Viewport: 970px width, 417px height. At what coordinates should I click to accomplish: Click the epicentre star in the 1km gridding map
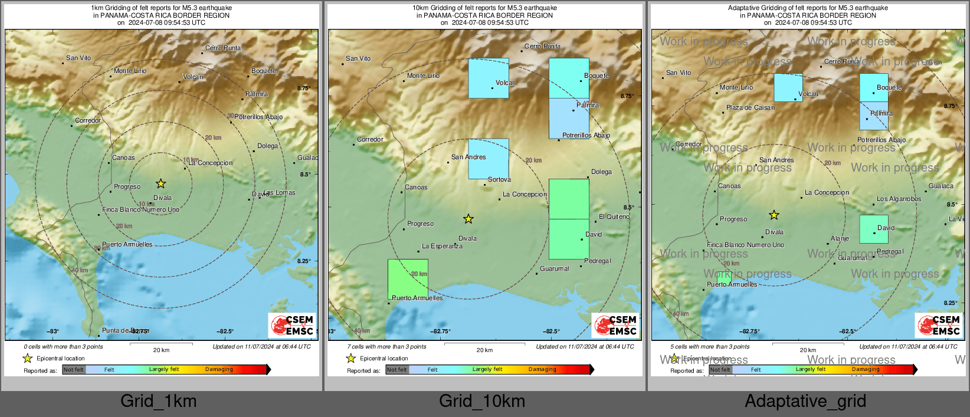click(x=160, y=183)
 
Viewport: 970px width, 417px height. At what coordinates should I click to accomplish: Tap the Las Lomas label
click(x=279, y=193)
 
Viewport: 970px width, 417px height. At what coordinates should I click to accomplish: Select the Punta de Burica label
click(x=126, y=331)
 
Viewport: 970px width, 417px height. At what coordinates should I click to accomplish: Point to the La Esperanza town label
click(x=442, y=246)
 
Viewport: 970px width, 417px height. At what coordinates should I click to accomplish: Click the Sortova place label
click(x=499, y=179)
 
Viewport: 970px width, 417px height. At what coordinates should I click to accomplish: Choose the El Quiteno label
click(x=614, y=216)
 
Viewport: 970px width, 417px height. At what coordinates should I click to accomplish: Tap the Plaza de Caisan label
click(x=751, y=107)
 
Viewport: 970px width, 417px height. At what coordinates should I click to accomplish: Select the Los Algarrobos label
click(x=899, y=199)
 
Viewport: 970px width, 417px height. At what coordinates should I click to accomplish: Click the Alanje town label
click(x=840, y=238)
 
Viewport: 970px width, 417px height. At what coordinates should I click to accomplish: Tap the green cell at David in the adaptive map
click(x=873, y=229)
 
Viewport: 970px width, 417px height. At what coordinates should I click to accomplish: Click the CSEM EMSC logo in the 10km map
click(x=616, y=325)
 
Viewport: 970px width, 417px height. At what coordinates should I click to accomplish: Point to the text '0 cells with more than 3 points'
click(x=63, y=347)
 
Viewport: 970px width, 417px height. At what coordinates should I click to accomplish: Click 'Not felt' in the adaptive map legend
click(x=720, y=370)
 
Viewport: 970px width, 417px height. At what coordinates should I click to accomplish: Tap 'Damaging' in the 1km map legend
click(x=219, y=370)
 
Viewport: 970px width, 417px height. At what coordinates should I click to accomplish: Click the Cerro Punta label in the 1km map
click(x=223, y=48)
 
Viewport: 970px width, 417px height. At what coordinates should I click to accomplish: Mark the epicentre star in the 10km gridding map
click(x=468, y=219)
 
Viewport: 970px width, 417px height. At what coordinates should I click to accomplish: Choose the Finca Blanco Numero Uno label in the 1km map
click(x=140, y=209)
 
